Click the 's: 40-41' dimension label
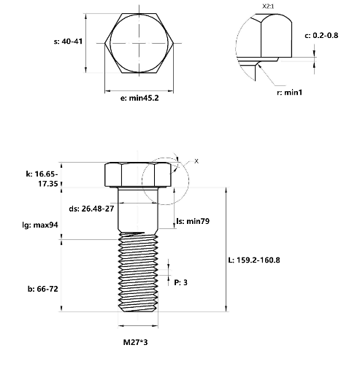click(69, 42)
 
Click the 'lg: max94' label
click(40, 225)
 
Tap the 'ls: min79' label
click(194, 220)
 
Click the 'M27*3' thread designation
click(137, 341)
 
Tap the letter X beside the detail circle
click(196, 160)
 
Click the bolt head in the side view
click(139, 175)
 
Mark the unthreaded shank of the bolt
click(139, 212)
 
